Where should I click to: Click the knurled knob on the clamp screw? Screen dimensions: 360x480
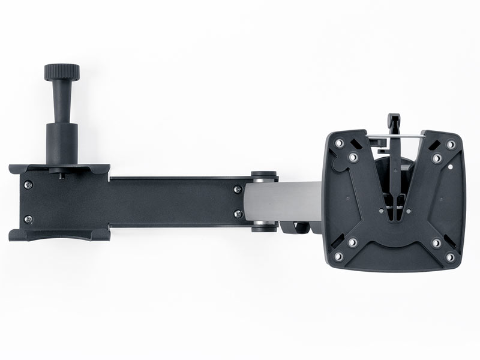pyautogui.click(x=61, y=73)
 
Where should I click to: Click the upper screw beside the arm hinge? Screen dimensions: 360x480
pyautogui.click(x=238, y=189)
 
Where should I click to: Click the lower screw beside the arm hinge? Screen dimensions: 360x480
pyautogui.click(x=238, y=214)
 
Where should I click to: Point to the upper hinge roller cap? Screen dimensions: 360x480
pyautogui.click(x=264, y=176)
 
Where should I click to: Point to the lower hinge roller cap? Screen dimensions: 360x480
pyautogui.click(x=264, y=227)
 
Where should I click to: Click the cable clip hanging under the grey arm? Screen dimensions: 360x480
pyautogui.click(x=294, y=227)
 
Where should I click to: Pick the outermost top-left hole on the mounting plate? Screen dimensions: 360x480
pyautogui.click(x=339, y=143)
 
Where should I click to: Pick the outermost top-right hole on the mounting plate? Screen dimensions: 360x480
pyautogui.click(x=451, y=145)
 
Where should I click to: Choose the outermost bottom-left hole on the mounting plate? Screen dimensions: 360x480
pyautogui.click(x=338, y=256)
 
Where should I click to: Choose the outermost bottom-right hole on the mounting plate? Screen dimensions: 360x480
pyautogui.click(x=450, y=257)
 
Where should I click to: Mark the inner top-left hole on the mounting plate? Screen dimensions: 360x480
pyautogui.click(x=353, y=157)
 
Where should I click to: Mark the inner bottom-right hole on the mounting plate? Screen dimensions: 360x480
pyautogui.click(x=436, y=243)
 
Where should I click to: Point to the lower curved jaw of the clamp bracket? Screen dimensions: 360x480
pyautogui.click(x=60, y=234)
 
